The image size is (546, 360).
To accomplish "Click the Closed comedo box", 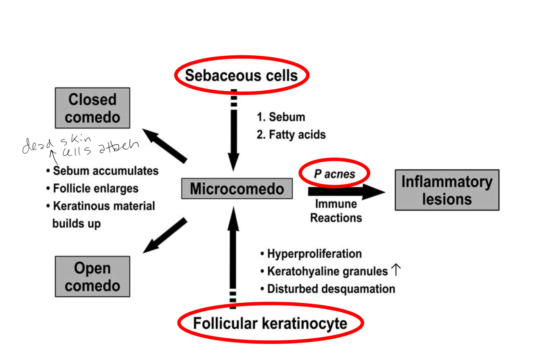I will (x=92, y=108).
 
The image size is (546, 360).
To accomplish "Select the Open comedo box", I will (x=92, y=276).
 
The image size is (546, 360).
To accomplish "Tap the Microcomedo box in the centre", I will (x=237, y=189).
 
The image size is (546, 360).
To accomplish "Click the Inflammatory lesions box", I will (x=447, y=190).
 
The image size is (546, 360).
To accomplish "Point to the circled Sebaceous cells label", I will (x=241, y=75).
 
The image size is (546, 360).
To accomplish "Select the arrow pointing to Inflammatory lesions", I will (x=346, y=192).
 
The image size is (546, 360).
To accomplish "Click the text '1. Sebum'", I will (x=281, y=117).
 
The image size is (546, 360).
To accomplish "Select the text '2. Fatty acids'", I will (x=291, y=134).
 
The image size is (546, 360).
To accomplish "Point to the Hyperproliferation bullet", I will (x=311, y=254).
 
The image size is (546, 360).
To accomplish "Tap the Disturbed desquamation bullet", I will (x=327, y=288).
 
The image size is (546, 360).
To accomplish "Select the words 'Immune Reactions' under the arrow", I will (x=336, y=211).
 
